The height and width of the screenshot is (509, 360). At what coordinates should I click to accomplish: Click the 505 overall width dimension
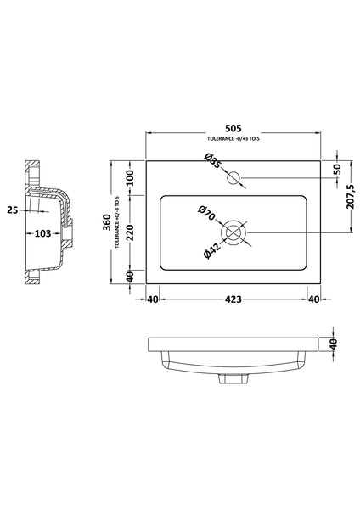click(233, 130)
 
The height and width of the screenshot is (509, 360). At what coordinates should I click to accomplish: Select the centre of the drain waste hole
click(233, 232)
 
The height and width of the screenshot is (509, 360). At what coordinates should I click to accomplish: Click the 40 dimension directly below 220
click(131, 277)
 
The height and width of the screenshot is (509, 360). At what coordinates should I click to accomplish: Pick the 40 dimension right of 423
click(313, 299)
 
